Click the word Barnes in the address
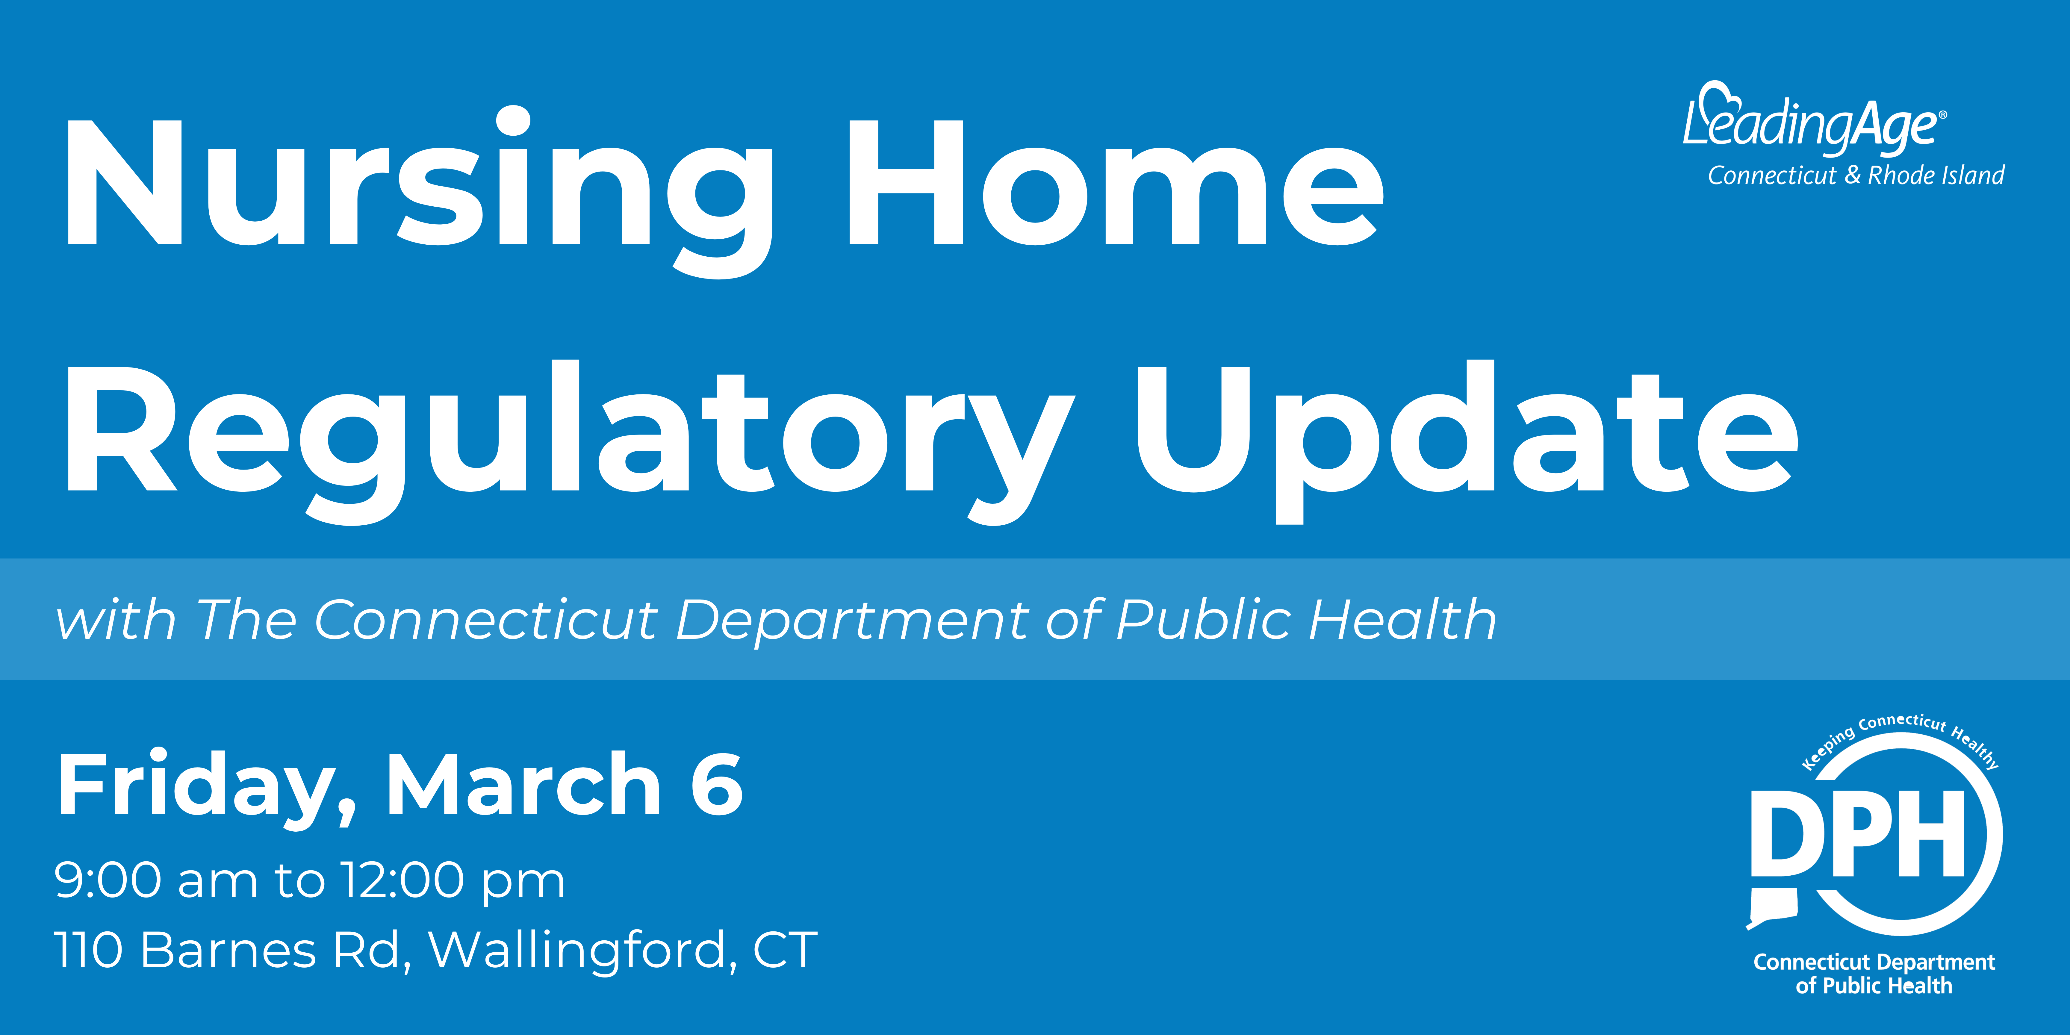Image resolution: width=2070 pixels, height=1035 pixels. coord(229,951)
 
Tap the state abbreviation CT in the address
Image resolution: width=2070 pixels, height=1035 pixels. coord(785,951)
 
